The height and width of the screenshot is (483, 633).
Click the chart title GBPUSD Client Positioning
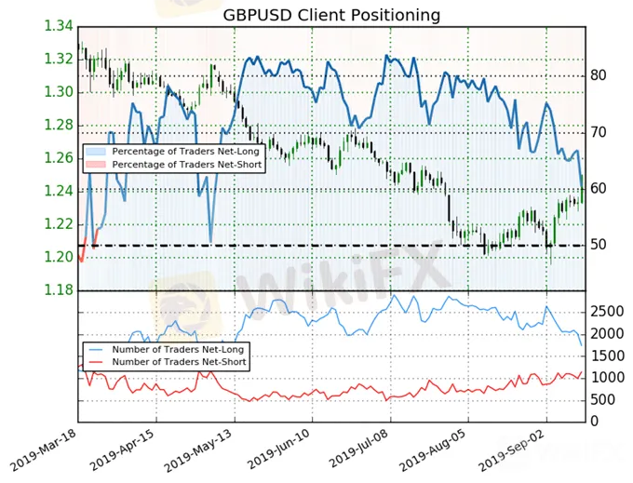pos(331,15)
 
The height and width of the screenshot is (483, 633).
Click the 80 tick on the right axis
pos(601,75)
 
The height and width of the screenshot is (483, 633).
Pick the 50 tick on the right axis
pos(601,245)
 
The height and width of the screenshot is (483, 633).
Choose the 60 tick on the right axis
pos(601,188)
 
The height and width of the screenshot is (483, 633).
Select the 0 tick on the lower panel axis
pos(594,422)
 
